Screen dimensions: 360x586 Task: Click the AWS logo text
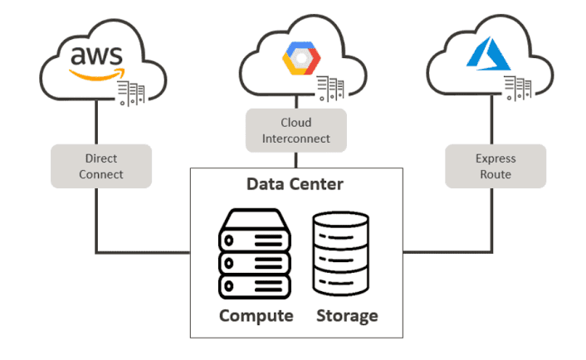[96, 56]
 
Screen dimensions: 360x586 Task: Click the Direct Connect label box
[102, 165]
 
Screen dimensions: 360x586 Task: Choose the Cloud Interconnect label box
[296, 130]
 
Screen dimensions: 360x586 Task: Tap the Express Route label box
[496, 166]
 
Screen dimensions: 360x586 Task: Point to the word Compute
[256, 316]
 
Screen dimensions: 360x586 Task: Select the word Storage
[347, 316]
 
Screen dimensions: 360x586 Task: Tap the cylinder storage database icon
[340, 255]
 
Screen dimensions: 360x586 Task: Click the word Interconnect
[296, 138]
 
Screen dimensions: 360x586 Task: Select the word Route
[496, 174]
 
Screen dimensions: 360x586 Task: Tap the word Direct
[102, 158]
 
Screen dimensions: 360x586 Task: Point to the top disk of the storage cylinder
[340, 221]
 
